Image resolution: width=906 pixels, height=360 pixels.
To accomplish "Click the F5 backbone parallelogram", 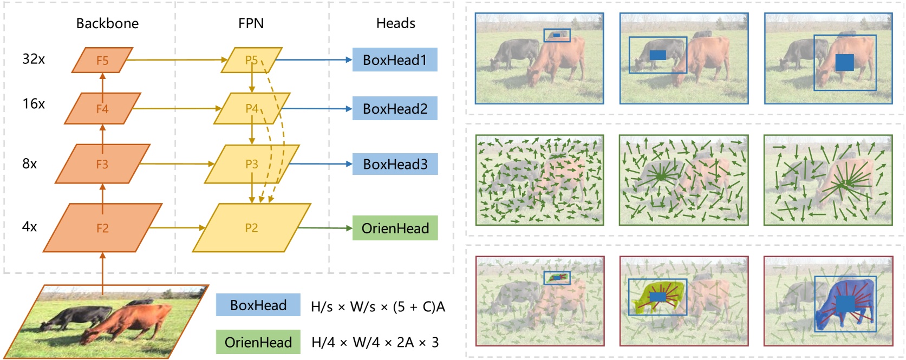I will click(x=102, y=60).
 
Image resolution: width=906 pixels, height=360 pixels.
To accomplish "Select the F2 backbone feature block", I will click(x=102, y=228).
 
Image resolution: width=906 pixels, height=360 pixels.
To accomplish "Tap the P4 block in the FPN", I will click(x=252, y=108).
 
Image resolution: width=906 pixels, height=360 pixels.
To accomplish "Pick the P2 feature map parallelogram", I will click(x=252, y=228).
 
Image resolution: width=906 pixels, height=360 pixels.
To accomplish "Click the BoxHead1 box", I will click(x=395, y=60).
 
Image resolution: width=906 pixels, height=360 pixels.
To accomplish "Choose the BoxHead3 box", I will click(x=395, y=164).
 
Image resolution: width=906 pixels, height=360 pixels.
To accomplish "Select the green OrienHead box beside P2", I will click(x=395, y=228).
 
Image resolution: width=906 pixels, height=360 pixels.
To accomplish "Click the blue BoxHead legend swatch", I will click(x=258, y=305).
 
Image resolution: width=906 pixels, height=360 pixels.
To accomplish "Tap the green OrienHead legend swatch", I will click(x=258, y=342).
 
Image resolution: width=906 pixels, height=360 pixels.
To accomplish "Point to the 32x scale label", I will click(x=34, y=59).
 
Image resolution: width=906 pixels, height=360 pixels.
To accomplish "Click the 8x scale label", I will click(x=30, y=163).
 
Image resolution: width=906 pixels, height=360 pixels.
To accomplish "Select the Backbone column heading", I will click(x=107, y=23).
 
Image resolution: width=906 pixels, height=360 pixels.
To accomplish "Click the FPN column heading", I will click(x=251, y=23).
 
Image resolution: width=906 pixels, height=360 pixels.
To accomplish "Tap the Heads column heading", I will click(x=395, y=23).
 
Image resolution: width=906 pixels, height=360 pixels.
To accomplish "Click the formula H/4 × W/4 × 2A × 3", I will click(x=375, y=342).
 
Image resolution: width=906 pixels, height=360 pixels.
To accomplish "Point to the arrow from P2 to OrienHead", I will click(x=325, y=228).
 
